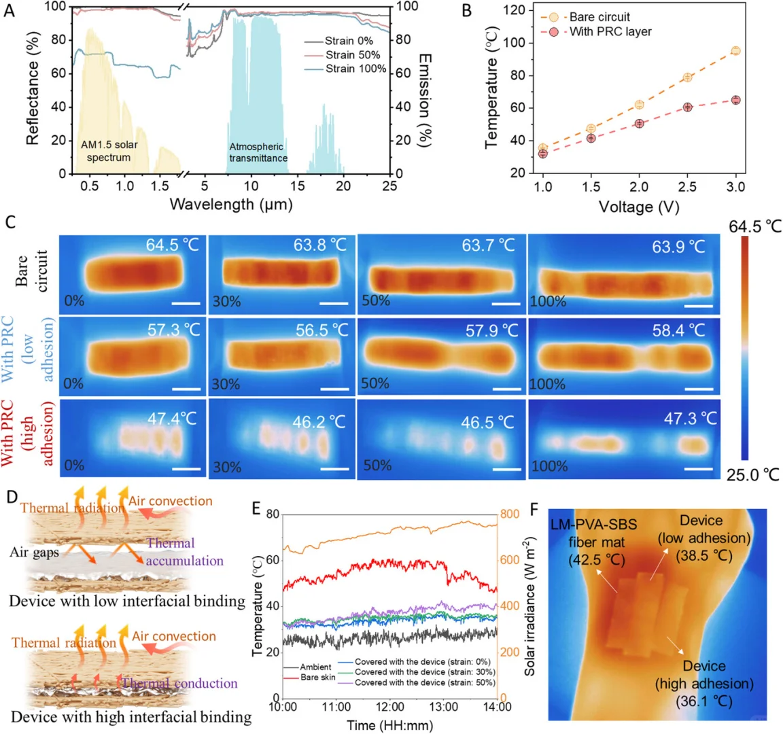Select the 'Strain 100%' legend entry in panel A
(x=355, y=69)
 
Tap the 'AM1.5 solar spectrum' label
(x=109, y=151)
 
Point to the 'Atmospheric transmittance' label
(x=258, y=152)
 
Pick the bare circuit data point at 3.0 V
(x=735, y=51)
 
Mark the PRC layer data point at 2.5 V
(x=688, y=107)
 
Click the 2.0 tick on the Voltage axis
(x=639, y=187)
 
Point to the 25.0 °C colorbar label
(x=753, y=474)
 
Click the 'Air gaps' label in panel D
(x=34, y=553)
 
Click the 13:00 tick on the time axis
(x=444, y=707)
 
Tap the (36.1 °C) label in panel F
(x=704, y=700)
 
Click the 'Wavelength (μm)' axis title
(x=231, y=203)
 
